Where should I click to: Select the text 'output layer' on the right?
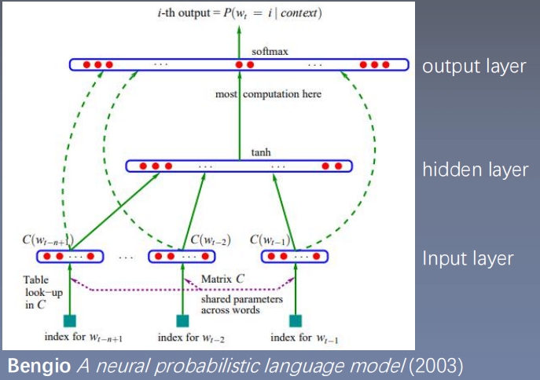point(474,66)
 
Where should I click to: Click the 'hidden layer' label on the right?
point(475,170)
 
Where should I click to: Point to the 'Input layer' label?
point(468,258)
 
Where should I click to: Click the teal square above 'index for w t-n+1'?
point(70,320)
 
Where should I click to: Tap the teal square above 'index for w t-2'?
point(183,320)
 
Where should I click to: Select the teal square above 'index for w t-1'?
point(296,320)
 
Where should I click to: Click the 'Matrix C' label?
point(222,278)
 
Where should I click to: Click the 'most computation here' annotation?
point(268,94)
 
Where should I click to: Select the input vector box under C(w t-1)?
point(292,256)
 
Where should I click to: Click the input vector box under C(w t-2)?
point(182,256)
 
